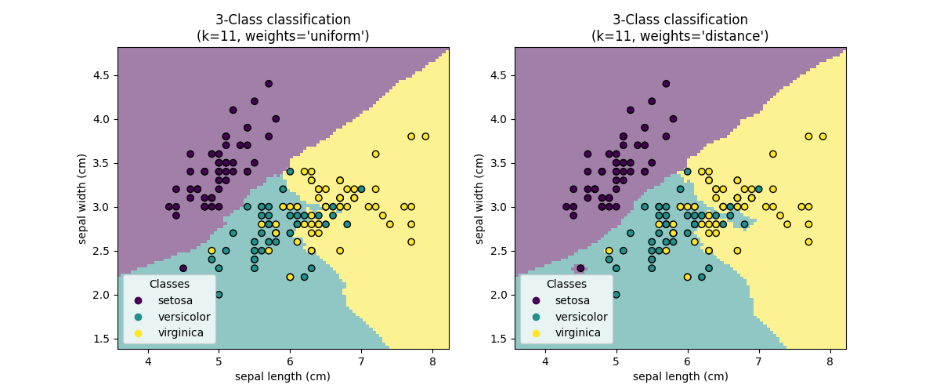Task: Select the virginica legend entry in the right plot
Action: tap(577, 333)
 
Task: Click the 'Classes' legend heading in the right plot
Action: tap(566, 284)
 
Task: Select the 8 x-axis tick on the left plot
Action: tap(432, 361)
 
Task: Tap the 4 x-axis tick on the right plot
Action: tap(545, 361)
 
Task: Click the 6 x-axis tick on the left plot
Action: tap(290, 361)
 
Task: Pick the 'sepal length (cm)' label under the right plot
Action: tap(680, 376)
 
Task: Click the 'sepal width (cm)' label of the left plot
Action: tap(82, 198)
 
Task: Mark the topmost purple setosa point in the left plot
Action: tap(269, 84)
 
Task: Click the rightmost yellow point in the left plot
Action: tap(425, 136)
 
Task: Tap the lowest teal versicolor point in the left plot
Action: tap(219, 295)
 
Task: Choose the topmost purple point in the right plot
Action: tap(666, 84)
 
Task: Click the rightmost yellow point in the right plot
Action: tap(822, 136)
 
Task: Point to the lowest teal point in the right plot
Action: tap(616, 295)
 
